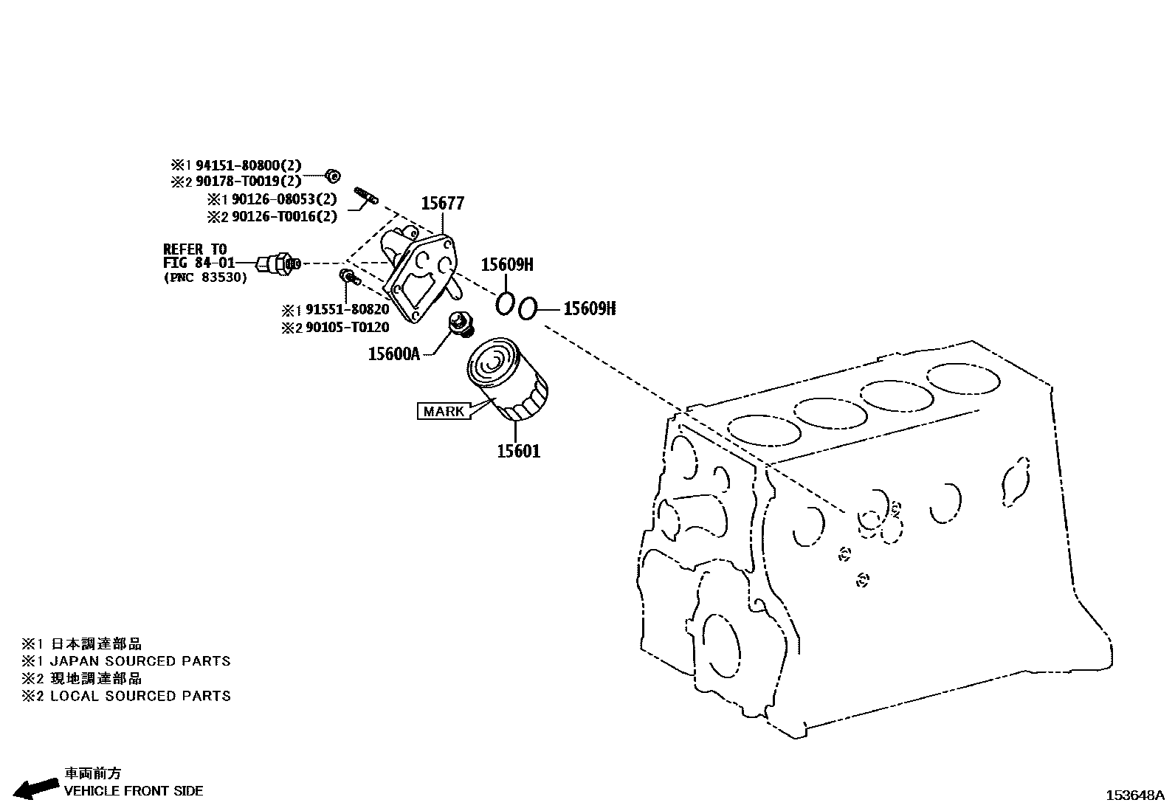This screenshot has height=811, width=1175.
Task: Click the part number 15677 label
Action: (442, 204)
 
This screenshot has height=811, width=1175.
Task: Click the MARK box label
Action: (444, 411)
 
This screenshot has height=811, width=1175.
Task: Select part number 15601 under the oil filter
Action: (518, 451)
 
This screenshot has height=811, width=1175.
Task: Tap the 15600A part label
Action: (393, 354)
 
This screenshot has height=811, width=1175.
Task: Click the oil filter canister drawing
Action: (508, 382)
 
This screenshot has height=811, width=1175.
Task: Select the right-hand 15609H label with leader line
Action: (589, 309)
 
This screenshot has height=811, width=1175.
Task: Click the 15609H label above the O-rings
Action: (507, 265)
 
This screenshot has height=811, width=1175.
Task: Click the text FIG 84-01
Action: (199, 263)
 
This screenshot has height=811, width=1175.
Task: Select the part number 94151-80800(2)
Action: (248, 166)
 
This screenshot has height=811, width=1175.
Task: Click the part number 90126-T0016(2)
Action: (284, 216)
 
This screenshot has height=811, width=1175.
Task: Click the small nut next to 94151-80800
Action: (333, 176)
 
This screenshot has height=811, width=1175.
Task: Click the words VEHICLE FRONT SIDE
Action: (134, 791)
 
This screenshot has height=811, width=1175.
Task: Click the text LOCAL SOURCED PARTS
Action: (140, 696)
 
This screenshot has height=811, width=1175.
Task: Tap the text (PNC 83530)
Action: (205, 277)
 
